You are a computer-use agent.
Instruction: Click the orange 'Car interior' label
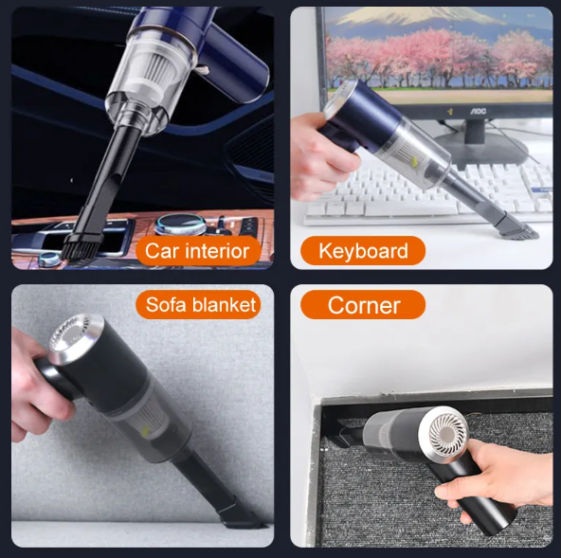tap(197, 251)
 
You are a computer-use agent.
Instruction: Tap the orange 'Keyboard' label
tap(363, 251)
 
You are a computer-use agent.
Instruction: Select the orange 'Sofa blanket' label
tap(201, 304)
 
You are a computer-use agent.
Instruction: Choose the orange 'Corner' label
tap(363, 305)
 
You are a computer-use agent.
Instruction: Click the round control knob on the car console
tap(177, 224)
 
